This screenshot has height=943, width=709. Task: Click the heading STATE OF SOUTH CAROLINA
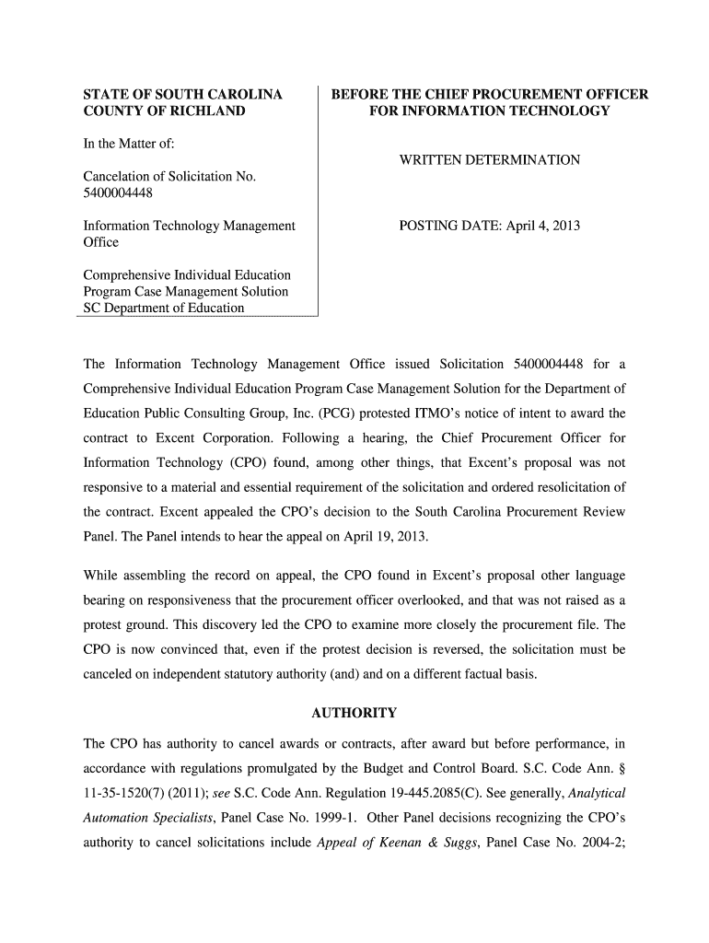pyautogui.click(x=182, y=95)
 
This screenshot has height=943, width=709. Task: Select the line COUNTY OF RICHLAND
pyautogui.click(x=164, y=111)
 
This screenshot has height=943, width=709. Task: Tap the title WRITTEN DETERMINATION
pyautogui.click(x=489, y=160)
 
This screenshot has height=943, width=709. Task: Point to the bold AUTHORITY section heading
pyautogui.click(x=354, y=713)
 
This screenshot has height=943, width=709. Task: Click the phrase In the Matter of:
pyautogui.click(x=129, y=144)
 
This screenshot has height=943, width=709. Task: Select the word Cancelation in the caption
pyautogui.click(x=119, y=176)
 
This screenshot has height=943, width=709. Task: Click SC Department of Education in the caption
pyautogui.click(x=164, y=308)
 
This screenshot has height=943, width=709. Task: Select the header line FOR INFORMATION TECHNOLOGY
pyautogui.click(x=489, y=111)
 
